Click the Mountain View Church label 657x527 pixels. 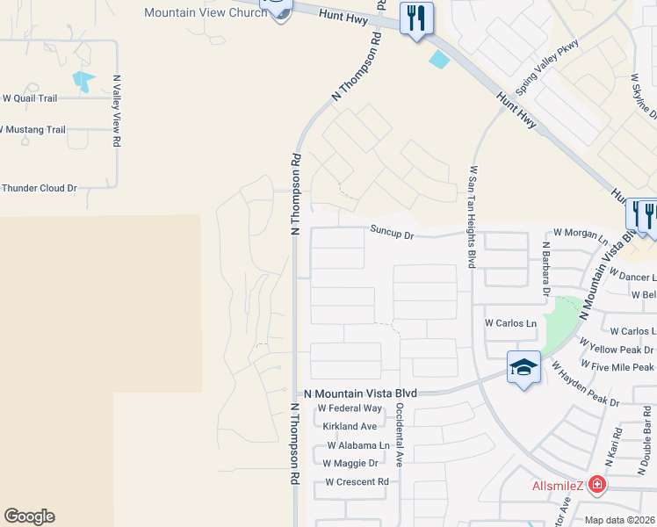point(205,12)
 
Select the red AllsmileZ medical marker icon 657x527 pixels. point(597,484)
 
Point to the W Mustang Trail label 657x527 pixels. point(32,129)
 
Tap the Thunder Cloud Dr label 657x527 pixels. point(40,188)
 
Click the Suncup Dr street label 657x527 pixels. point(392,234)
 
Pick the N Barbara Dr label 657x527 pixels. point(545,269)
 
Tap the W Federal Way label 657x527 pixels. point(350,408)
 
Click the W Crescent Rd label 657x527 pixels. point(357,481)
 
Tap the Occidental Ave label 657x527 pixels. point(399,435)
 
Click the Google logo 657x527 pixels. point(29,516)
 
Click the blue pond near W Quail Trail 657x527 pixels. point(85,82)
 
